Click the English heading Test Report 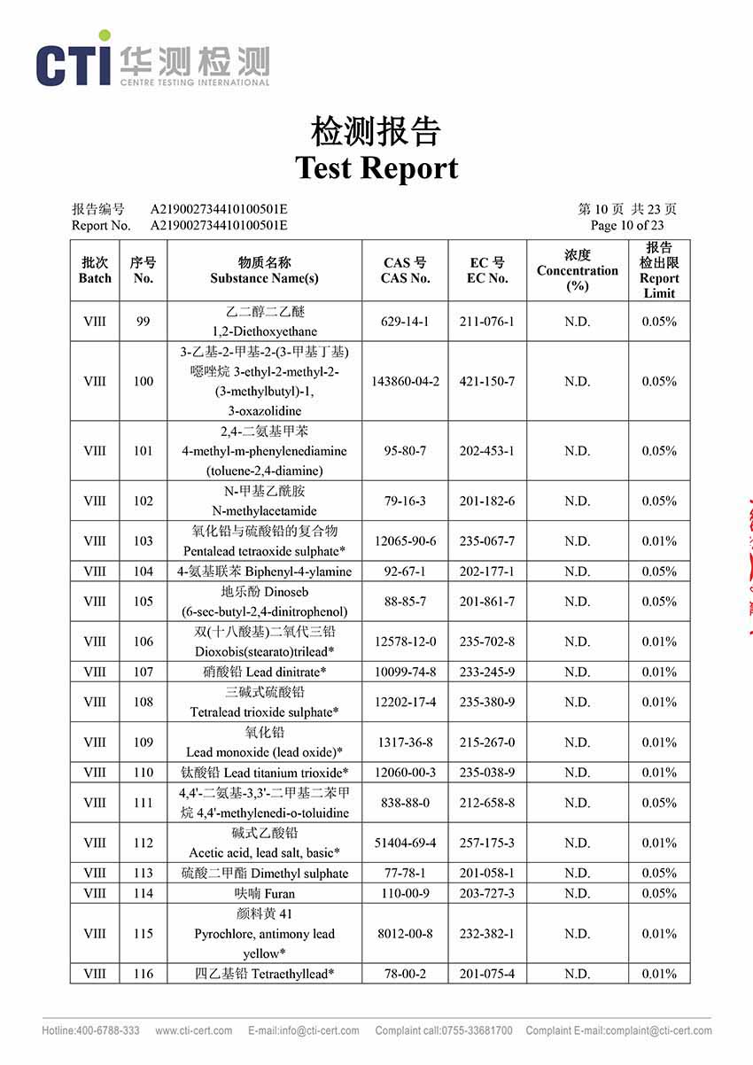coord(376,167)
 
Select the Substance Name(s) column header coord(264,270)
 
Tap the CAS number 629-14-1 coord(405,322)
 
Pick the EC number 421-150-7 coord(487,381)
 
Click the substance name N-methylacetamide coord(264,511)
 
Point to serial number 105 coord(143,602)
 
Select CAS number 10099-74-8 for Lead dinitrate coord(405,672)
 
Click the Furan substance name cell coord(264,893)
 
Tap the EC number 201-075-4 coord(487,974)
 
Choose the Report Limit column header coord(659,270)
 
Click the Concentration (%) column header coord(577,270)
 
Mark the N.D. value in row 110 coord(577,773)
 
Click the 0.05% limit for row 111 coord(659,803)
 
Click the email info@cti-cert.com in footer coord(304,1030)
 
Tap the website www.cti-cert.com coord(194,1030)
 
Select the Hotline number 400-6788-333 coord(90,1030)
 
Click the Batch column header coord(95,270)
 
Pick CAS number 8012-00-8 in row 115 coord(405,933)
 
